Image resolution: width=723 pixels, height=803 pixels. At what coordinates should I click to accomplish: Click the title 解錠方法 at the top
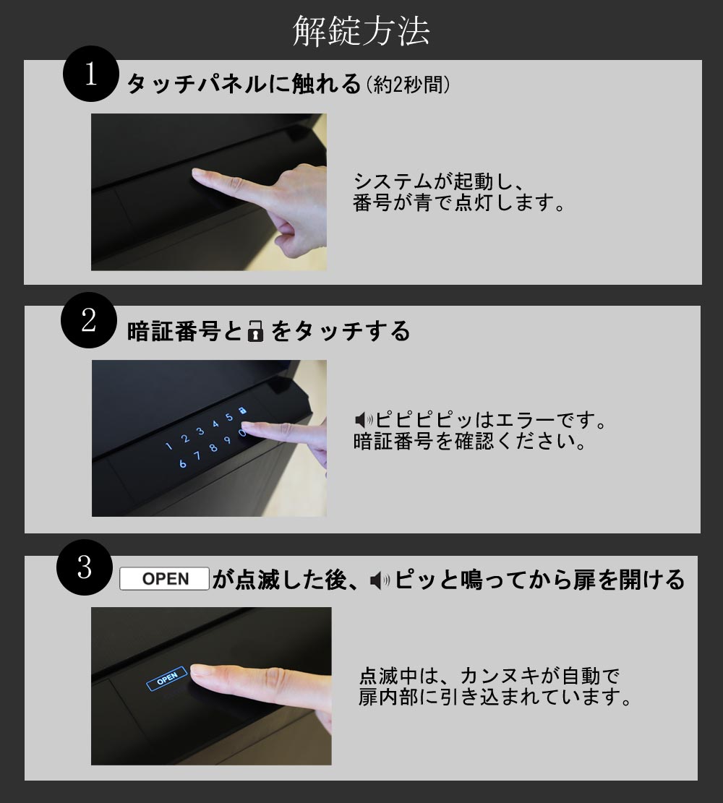pyautogui.click(x=361, y=31)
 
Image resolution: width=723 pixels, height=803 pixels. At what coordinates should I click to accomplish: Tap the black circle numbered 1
pyautogui.click(x=90, y=74)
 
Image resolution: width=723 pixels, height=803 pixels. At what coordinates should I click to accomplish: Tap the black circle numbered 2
pyautogui.click(x=89, y=321)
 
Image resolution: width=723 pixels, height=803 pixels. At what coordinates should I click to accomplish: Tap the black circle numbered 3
pyautogui.click(x=85, y=567)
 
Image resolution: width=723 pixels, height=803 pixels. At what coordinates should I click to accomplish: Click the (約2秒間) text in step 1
pyautogui.click(x=408, y=85)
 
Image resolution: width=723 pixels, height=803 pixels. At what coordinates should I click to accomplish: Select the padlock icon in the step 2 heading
pyautogui.click(x=255, y=331)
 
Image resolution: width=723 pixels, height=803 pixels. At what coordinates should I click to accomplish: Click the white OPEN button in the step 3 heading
pyautogui.click(x=164, y=579)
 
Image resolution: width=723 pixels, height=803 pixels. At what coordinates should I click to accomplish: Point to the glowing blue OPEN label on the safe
pyautogui.click(x=167, y=679)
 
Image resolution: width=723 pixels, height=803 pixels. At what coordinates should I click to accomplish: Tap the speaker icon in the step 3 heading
pyautogui.click(x=380, y=580)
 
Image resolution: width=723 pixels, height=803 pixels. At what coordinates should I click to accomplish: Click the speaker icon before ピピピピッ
pyautogui.click(x=364, y=421)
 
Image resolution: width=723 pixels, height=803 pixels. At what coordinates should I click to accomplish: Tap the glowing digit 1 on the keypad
pyautogui.click(x=168, y=447)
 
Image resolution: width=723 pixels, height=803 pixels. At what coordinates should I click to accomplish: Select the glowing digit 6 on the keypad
pyautogui.click(x=182, y=464)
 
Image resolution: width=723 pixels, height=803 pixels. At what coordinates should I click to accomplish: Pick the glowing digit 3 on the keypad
pyautogui.click(x=201, y=431)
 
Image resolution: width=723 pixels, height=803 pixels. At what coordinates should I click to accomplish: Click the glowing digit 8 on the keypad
pyautogui.click(x=213, y=447)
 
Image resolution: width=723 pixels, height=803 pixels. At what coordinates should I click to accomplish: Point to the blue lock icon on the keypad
pyautogui.click(x=242, y=411)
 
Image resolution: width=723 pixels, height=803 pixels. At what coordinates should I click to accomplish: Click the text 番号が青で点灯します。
pyautogui.click(x=459, y=203)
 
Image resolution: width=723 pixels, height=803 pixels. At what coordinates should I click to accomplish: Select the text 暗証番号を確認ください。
pyautogui.click(x=469, y=442)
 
